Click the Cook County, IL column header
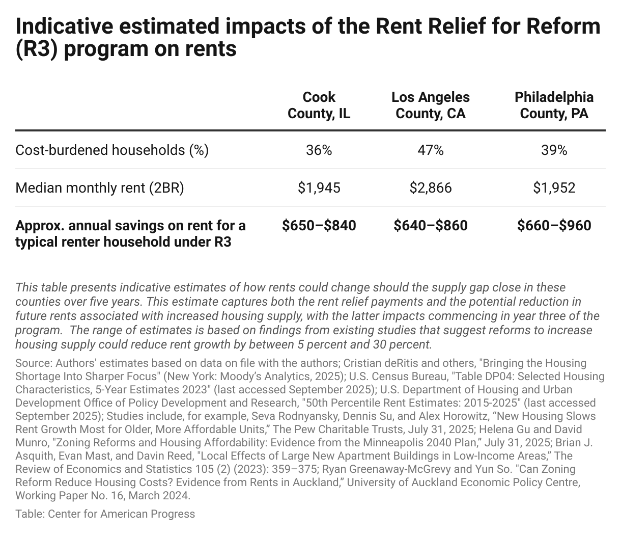(x=319, y=105)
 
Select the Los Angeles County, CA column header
(x=430, y=105)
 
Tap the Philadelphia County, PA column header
(x=554, y=105)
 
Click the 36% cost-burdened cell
(x=319, y=150)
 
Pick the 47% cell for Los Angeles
(x=430, y=150)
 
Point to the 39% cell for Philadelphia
(x=554, y=150)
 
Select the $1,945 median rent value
(x=319, y=188)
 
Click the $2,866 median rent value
(x=430, y=188)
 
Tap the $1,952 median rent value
(x=554, y=188)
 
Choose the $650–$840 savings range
(x=319, y=226)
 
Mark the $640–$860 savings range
(x=430, y=226)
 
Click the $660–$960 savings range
(x=554, y=226)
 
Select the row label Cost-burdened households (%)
(x=112, y=150)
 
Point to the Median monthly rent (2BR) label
(x=100, y=188)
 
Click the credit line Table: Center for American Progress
(x=105, y=514)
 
